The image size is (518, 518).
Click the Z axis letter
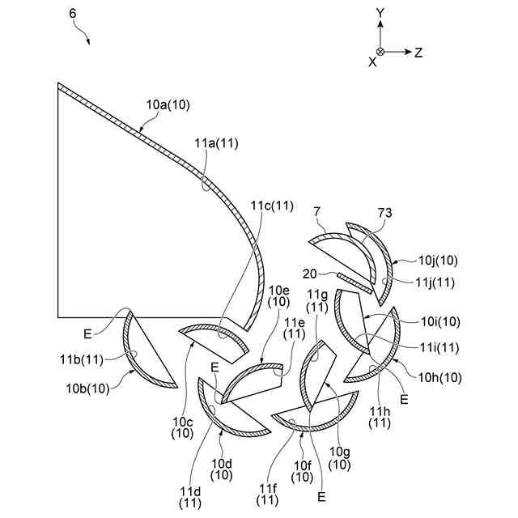[419, 52]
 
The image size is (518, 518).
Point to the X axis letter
[372, 62]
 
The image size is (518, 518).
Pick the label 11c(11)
[272, 205]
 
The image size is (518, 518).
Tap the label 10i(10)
[439, 321]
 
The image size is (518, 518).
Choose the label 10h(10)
[439, 376]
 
